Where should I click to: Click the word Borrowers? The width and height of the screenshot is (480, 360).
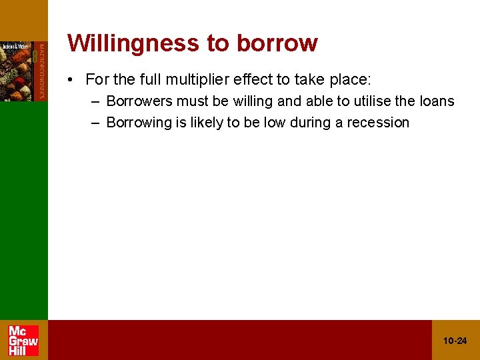139,101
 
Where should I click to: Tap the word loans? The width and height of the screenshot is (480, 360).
435,101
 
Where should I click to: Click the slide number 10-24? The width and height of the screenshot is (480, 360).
455,341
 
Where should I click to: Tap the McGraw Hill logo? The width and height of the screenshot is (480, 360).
23,340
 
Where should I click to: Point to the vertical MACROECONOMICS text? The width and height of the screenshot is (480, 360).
41,71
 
